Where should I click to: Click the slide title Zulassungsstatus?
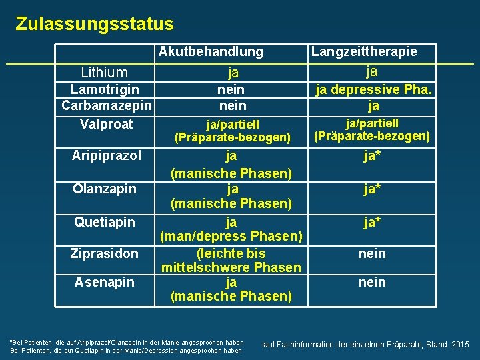(x=94, y=25)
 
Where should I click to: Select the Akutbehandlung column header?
(x=211, y=51)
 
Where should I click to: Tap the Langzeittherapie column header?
(x=364, y=51)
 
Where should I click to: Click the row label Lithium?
(x=104, y=72)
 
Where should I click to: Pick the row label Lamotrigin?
(x=105, y=89)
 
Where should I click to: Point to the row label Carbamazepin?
(x=107, y=105)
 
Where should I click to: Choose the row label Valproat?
(x=106, y=124)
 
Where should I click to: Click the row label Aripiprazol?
(x=107, y=156)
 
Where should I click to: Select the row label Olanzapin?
(x=105, y=189)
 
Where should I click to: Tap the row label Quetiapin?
(x=105, y=222)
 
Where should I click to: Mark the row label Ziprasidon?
(x=105, y=253)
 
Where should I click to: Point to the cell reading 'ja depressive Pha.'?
(x=373, y=89)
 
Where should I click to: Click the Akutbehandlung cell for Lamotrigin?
(x=231, y=89)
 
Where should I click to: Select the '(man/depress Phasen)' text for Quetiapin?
(x=231, y=237)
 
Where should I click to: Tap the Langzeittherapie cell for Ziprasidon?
(x=372, y=253)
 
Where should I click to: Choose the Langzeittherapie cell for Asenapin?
(x=372, y=283)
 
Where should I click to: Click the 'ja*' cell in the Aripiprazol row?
(x=372, y=157)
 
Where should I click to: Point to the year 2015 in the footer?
(x=461, y=345)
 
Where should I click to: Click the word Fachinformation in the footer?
(x=303, y=345)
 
